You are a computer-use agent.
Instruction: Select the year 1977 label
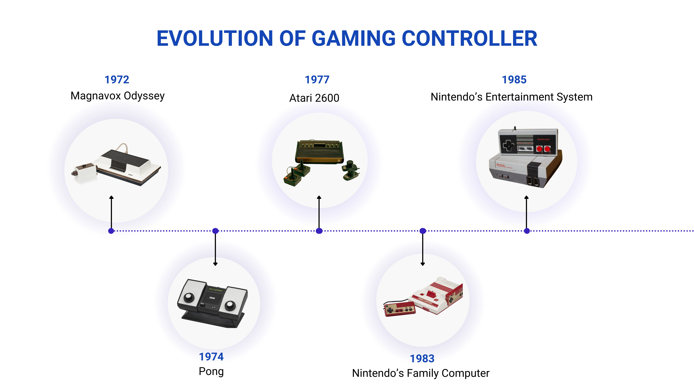coord(317,80)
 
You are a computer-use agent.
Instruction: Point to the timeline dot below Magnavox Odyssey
coord(111,231)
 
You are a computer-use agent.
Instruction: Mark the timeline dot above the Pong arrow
coord(215,231)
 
